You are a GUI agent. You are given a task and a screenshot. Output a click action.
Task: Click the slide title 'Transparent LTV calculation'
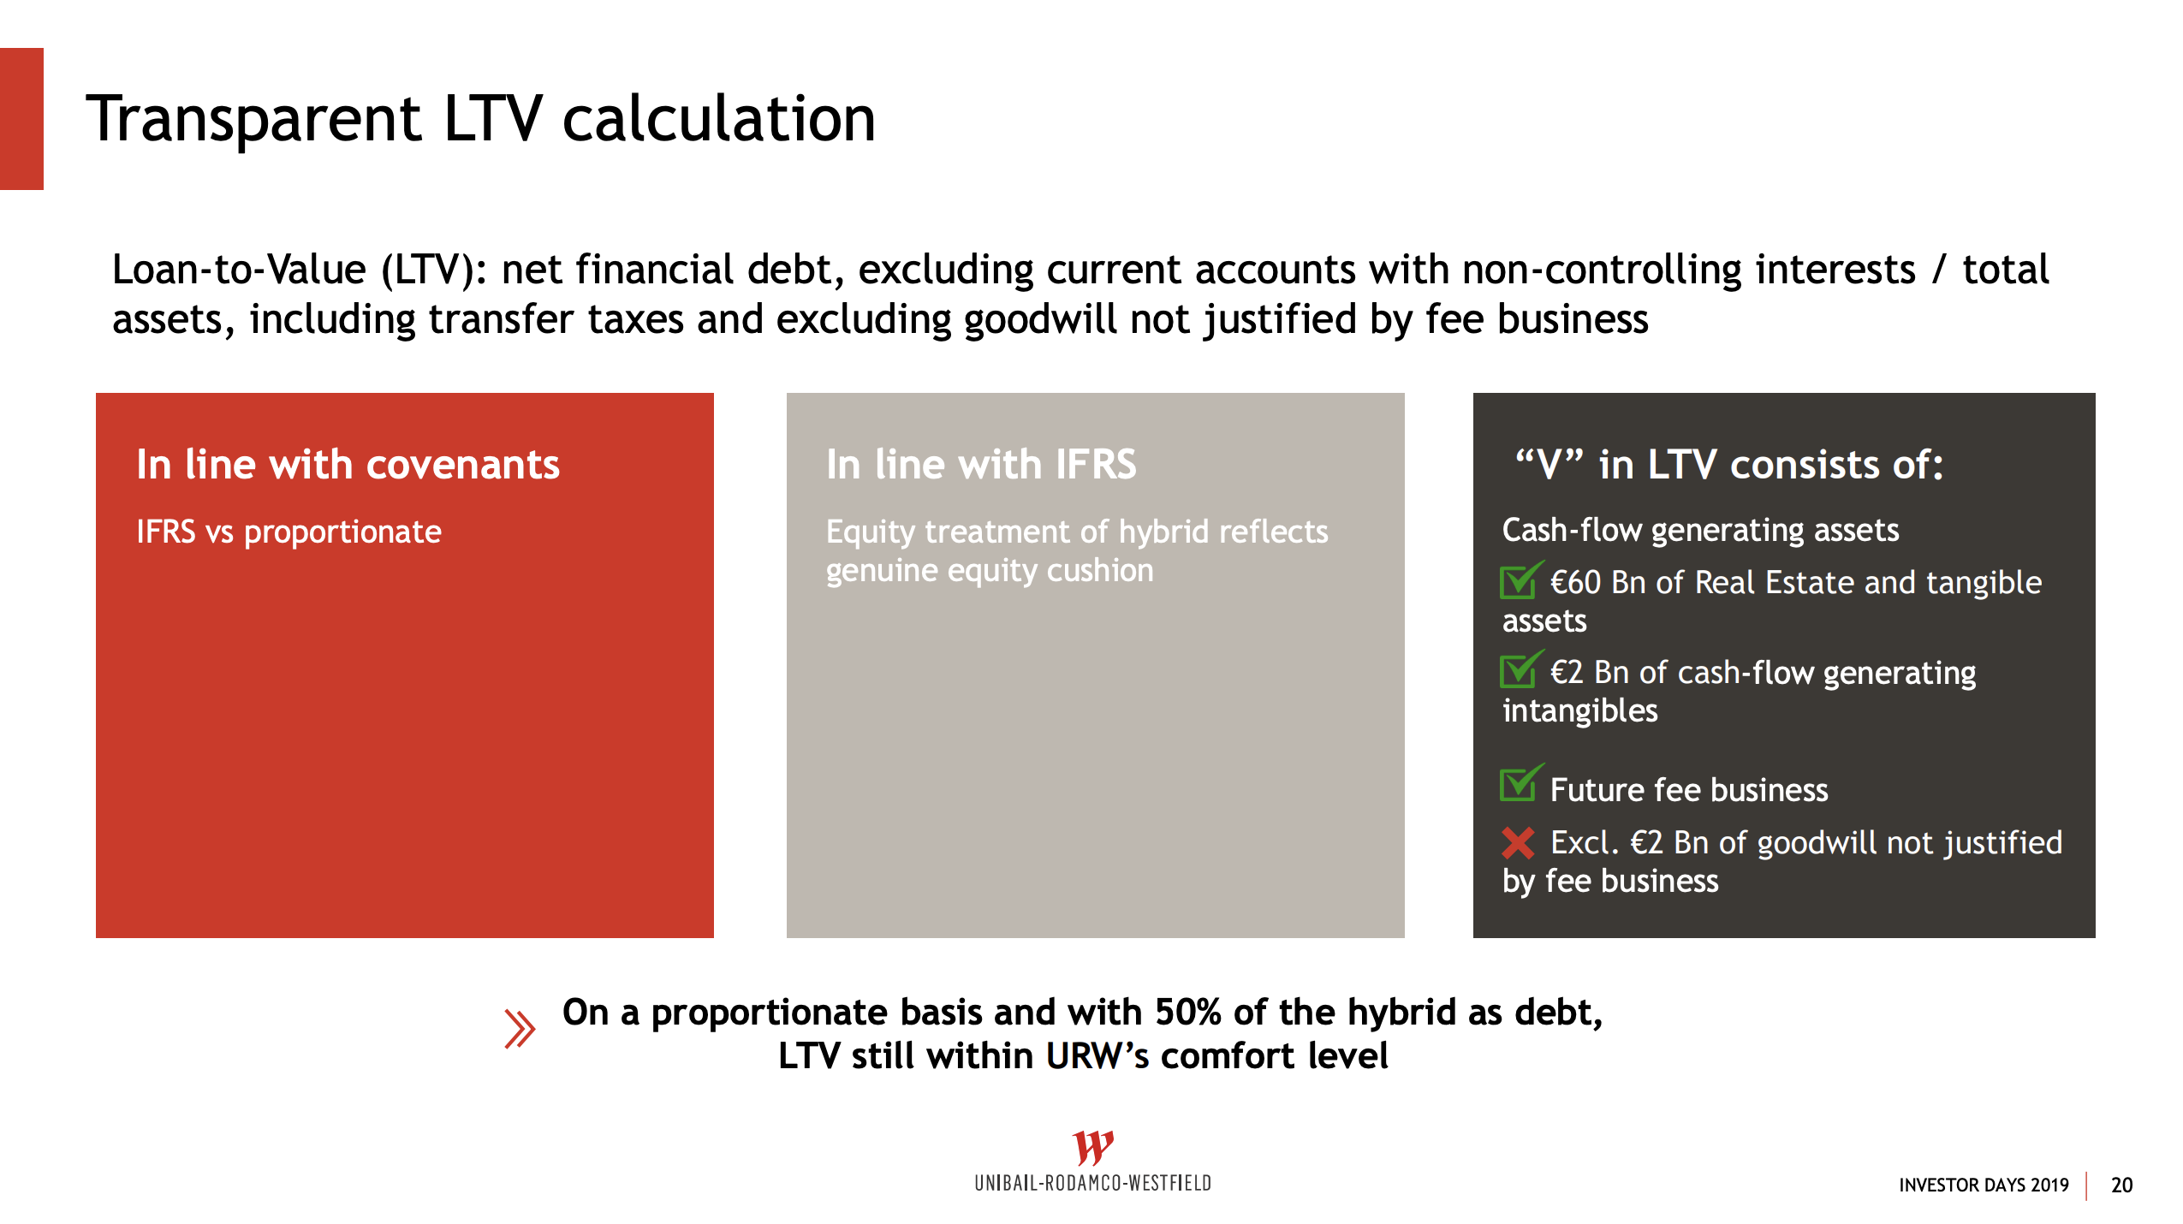pos(481,119)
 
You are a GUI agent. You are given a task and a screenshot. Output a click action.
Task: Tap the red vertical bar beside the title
pos(21,119)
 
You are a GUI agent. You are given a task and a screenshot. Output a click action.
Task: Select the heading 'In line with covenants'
pos(348,465)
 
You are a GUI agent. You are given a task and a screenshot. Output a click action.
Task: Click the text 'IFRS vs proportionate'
pos(288,532)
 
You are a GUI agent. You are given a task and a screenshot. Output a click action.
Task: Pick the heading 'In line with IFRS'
pos(981,465)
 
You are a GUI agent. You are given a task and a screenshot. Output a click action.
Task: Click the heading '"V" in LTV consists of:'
pos(1728,465)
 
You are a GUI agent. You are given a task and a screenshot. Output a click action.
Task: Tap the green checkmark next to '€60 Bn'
pos(1521,580)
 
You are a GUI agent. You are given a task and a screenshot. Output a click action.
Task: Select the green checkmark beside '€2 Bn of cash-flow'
pos(1521,669)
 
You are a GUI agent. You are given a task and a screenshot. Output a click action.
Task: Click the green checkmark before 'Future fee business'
pos(1521,782)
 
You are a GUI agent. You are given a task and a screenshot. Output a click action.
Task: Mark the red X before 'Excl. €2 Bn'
pos(1518,843)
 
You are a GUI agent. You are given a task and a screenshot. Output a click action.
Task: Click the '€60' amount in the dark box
pos(1575,583)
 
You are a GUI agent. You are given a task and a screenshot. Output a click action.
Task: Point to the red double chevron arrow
pos(520,1029)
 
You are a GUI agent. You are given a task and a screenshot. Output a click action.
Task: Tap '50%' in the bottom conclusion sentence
pos(1187,1013)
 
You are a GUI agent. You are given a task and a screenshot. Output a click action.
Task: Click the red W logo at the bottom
pos(1093,1147)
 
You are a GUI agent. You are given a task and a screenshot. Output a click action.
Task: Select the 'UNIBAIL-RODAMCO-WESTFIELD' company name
pos(1093,1184)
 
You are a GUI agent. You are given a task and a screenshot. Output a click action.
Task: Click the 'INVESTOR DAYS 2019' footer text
pos(1984,1185)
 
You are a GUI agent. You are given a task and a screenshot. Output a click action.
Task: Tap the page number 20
pos(2122,1185)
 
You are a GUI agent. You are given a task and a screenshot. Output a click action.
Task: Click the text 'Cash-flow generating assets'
pos(1700,531)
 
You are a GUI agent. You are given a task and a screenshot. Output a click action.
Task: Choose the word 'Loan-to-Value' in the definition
pos(240,270)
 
